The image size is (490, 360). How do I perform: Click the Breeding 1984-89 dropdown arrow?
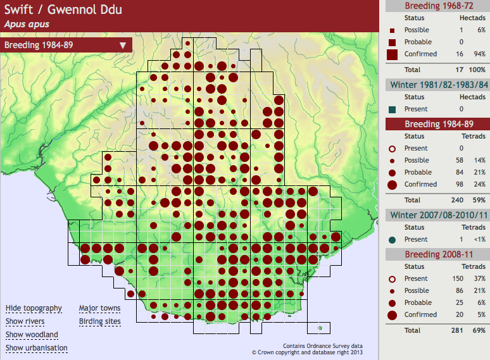[122, 45]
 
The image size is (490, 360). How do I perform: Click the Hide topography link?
[34, 308]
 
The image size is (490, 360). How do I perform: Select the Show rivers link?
[26, 321]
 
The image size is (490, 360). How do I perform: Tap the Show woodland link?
[32, 335]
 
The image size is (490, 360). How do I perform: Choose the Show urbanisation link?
[37, 348]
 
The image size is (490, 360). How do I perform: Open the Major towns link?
[99, 308]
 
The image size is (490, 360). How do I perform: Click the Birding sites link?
[99, 321]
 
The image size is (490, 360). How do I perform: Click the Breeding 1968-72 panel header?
[437, 6]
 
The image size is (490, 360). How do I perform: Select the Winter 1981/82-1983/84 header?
[437, 85]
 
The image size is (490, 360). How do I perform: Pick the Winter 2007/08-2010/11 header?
[437, 215]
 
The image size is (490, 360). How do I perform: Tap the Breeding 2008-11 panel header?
[437, 254]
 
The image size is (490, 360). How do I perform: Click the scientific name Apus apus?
[27, 24]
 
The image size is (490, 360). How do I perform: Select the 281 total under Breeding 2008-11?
[458, 330]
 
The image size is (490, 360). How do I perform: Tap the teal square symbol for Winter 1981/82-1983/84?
[392, 109]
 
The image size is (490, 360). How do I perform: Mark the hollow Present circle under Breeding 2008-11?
[392, 279]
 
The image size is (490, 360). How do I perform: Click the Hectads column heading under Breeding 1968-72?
[472, 18]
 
